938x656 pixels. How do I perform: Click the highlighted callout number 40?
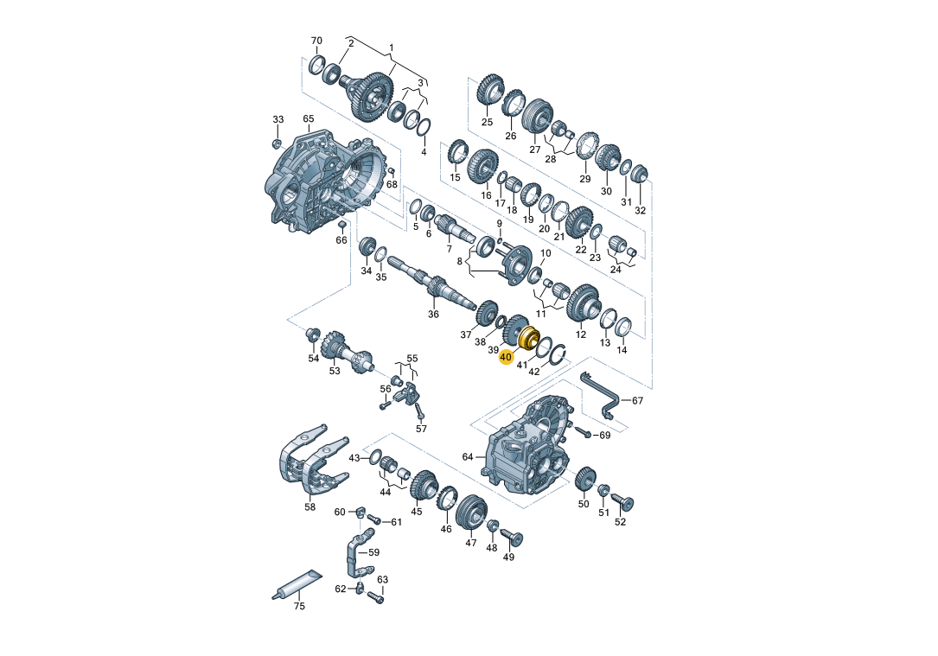(506, 357)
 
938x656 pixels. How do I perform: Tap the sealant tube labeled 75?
(297, 583)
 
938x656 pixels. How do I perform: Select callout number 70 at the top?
(316, 41)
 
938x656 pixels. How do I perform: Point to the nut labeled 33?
(277, 143)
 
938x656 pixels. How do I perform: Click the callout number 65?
(308, 119)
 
